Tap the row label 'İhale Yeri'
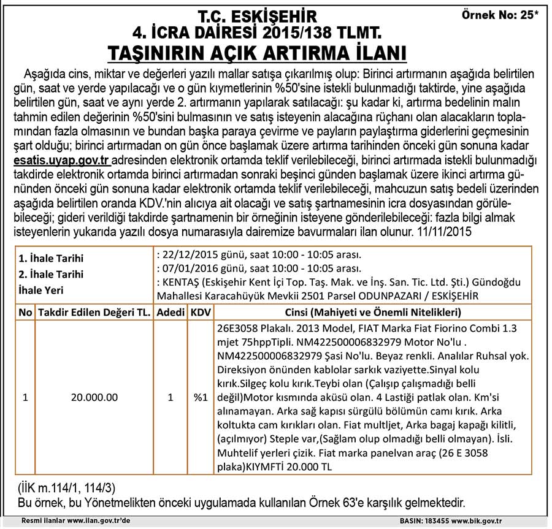(x=41, y=290)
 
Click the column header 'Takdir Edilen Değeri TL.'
(x=94, y=313)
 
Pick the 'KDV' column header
(x=200, y=313)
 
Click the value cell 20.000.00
(x=94, y=397)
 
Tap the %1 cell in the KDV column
(x=200, y=397)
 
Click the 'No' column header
(x=25, y=313)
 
